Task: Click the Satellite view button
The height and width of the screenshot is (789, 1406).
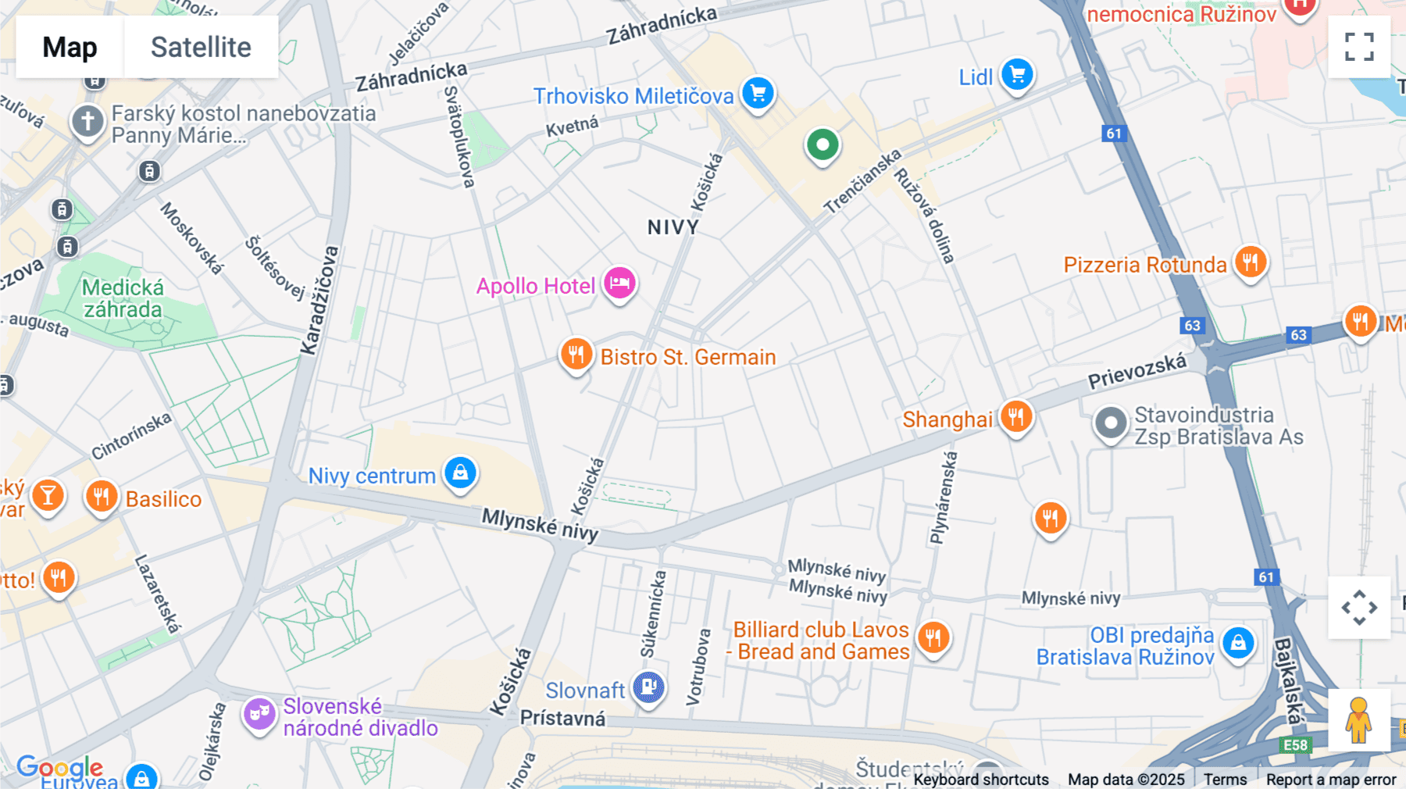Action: click(201, 47)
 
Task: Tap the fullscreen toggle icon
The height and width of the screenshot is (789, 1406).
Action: click(1359, 47)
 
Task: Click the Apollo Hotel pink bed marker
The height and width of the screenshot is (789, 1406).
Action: click(619, 283)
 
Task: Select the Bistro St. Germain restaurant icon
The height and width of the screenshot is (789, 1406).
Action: click(576, 354)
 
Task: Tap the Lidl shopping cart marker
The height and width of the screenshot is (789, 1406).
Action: click(1017, 75)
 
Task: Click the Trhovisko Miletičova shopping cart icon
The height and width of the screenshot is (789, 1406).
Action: click(758, 94)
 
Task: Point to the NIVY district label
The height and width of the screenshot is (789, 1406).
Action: click(673, 227)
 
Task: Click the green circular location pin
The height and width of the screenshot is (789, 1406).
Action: click(822, 145)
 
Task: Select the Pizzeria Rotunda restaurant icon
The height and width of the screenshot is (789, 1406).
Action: click(1250, 262)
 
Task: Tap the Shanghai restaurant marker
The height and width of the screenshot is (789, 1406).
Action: click(1015, 416)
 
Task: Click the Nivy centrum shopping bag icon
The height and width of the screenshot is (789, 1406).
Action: click(460, 473)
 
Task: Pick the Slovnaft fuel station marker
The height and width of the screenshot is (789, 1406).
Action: click(648, 687)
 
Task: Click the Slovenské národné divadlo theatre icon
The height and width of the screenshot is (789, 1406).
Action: click(259, 713)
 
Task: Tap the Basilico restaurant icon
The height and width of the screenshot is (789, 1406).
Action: click(102, 496)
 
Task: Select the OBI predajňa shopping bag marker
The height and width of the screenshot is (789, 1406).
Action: click(1238, 643)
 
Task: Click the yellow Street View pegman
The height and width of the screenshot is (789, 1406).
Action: click(1358, 719)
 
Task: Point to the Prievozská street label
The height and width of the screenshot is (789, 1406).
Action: click(1137, 370)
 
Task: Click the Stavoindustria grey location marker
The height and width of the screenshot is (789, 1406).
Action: click(1110, 423)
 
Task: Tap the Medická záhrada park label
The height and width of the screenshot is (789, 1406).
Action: click(123, 298)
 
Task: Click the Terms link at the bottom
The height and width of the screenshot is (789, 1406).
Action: click(1225, 779)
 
